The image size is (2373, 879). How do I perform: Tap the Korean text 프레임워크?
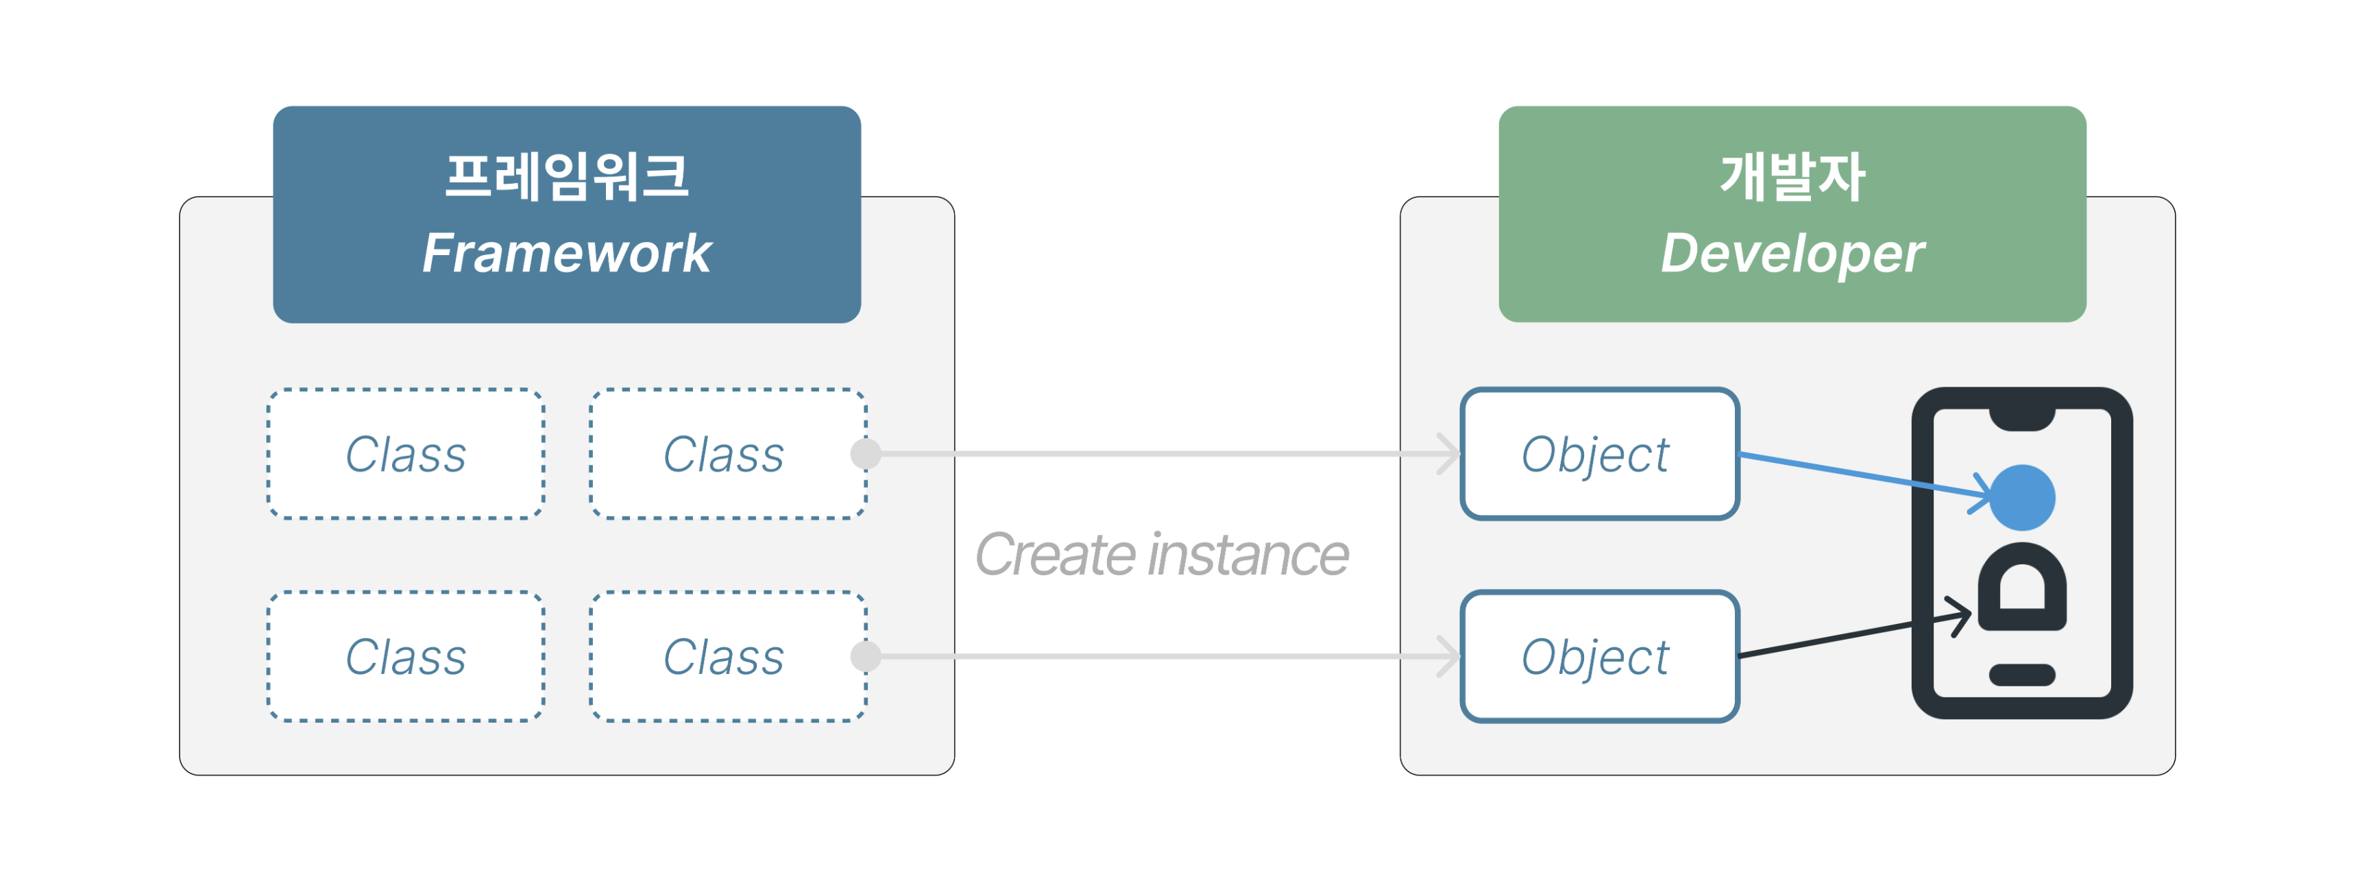pyautogui.click(x=567, y=176)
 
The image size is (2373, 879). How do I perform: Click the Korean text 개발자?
pyautogui.click(x=1792, y=176)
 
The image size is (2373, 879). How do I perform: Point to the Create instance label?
pyautogui.click(x=1162, y=555)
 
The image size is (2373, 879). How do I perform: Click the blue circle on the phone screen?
pyautogui.click(x=2022, y=498)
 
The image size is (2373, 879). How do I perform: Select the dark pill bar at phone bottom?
pyautogui.click(x=2022, y=675)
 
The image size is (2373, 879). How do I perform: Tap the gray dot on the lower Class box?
pyautogui.click(x=866, y=657)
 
